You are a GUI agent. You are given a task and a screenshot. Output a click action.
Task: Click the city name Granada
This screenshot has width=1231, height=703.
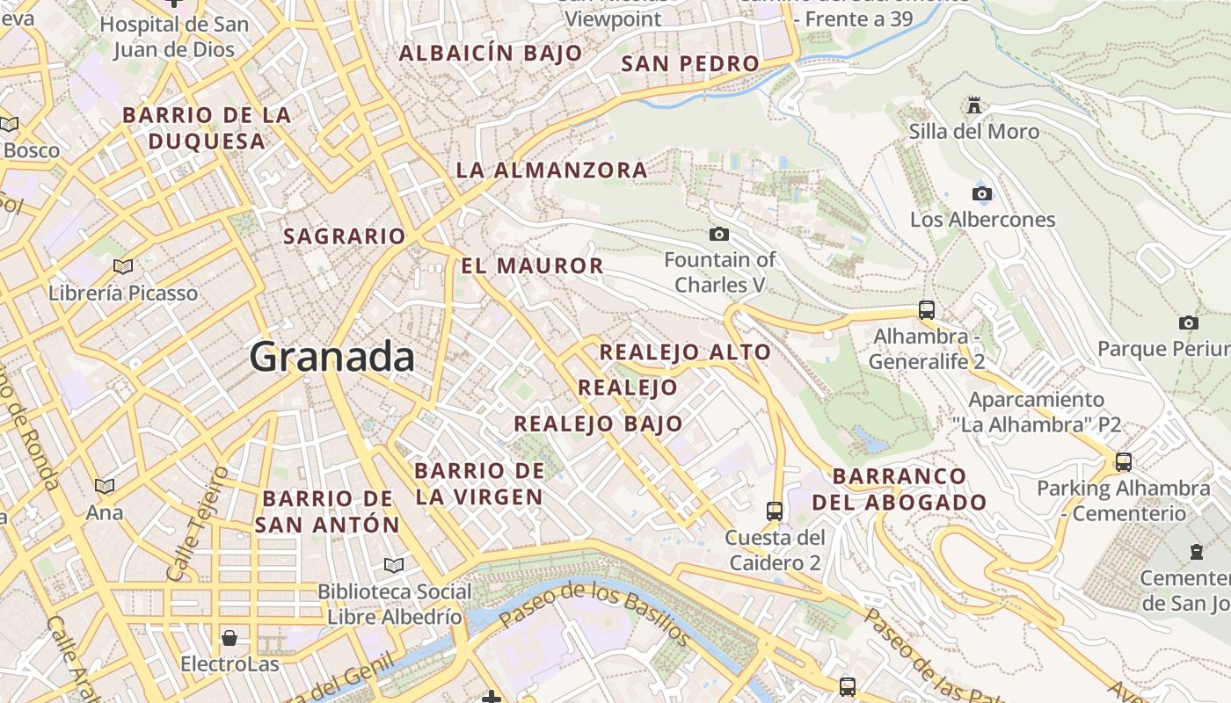331,357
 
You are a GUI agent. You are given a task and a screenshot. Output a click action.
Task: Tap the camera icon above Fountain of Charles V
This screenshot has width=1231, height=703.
719,234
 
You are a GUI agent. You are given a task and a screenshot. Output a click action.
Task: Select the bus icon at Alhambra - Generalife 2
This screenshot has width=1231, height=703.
926,309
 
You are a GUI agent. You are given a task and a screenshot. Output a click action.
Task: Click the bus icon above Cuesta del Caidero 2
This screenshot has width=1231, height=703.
774,511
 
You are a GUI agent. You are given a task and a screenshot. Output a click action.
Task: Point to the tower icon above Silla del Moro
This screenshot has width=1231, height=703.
973,105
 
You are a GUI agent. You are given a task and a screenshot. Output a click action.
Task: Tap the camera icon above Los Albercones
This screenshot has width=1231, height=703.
982,193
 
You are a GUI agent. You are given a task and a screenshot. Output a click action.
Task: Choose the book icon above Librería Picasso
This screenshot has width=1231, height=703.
123,265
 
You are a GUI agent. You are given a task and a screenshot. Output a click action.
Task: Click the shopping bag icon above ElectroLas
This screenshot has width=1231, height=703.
229,637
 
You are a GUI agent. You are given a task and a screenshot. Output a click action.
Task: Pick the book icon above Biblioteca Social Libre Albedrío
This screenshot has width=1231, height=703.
394,565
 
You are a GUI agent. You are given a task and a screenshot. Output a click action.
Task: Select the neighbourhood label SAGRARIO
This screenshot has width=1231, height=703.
344,236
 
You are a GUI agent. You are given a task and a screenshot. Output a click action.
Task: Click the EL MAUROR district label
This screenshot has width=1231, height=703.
532,265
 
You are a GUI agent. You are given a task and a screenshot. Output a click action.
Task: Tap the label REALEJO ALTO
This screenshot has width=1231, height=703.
685,352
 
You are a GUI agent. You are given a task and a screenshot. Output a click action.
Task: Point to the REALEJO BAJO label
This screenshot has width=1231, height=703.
598,424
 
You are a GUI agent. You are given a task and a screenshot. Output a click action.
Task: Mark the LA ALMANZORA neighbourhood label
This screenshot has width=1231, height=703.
551,170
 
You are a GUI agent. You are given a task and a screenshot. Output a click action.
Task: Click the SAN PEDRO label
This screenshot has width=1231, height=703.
689,63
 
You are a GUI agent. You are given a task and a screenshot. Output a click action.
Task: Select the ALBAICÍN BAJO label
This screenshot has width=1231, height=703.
491,53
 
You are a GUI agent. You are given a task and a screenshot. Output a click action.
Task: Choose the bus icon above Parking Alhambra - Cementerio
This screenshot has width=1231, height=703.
1123,461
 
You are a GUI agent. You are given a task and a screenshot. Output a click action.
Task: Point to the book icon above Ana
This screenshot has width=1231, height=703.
105,485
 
